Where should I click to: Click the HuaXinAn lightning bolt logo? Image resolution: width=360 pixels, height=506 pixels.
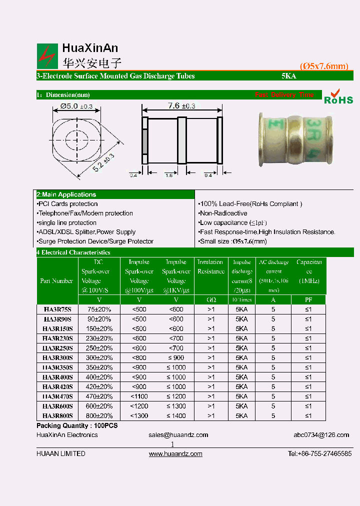pos(47,56)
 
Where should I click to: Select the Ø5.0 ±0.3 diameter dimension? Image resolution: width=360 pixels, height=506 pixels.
pos(76,106)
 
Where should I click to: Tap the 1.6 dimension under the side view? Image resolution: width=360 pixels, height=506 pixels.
pos(168,175)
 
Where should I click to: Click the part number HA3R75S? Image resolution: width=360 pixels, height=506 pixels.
pos(57,309)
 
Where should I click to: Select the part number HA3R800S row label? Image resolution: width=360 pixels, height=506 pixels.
pos(57,415)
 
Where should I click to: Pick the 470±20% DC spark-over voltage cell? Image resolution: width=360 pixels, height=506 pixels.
pos(99,396)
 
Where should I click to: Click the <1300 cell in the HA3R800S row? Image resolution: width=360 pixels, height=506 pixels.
pos(138,415)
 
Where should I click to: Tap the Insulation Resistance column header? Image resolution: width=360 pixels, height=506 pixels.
pos(210,267)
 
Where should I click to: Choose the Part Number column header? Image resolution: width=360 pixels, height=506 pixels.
pos(56,281)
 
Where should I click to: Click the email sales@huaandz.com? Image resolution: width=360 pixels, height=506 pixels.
pos(178,435)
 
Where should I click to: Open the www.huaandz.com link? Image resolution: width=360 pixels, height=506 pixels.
pos(175,454)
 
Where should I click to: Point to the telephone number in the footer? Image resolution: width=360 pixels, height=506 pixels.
pos(319,454)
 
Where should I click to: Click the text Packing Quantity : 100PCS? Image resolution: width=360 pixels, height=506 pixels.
pos(77,425)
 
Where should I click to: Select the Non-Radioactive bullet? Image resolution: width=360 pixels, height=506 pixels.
pos(223,213)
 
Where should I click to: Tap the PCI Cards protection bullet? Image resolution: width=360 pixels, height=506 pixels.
pos(67,204)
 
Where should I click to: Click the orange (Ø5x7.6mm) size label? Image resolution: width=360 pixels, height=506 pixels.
pos(323,66)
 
